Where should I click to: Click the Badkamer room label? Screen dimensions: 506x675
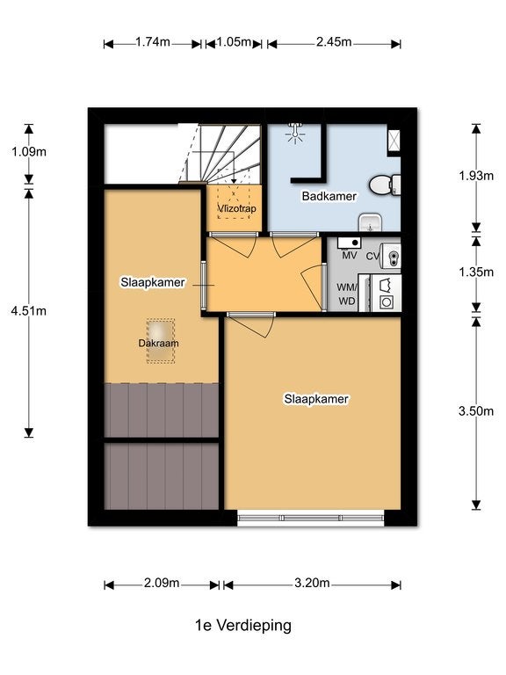tap(329, 196)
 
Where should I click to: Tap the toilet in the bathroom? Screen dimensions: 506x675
tap(385, 185)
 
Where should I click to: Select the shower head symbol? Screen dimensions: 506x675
tap(295, 131)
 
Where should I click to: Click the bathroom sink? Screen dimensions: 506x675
tap(370, 222)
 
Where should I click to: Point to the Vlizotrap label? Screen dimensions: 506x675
tap(236, 209)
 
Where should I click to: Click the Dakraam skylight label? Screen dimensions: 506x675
tap(158, 343)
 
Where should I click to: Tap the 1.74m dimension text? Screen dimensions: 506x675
tap(153, 42)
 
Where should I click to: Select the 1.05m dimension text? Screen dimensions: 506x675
tap(234, 42)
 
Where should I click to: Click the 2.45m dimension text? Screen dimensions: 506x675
tap(334, 42)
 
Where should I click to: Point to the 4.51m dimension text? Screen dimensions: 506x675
tap(29, 311)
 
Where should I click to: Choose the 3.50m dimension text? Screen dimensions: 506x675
tap(476, 411)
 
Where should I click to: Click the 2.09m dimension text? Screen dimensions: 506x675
tap(162, 584)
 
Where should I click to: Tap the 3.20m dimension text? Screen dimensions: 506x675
tap(312, 584)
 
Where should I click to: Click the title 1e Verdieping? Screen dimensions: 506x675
tap(243, 625)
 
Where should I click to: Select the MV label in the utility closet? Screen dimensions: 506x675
tap(350, 255)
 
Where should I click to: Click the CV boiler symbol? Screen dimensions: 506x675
tap(392, 257)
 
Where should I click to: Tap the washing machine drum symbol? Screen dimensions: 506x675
tap(387, 301)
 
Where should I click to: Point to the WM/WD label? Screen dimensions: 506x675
tap(346, 294)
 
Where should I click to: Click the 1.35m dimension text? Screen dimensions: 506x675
tap(476, 272)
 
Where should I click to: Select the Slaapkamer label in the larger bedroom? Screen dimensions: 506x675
tap(316, 399)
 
